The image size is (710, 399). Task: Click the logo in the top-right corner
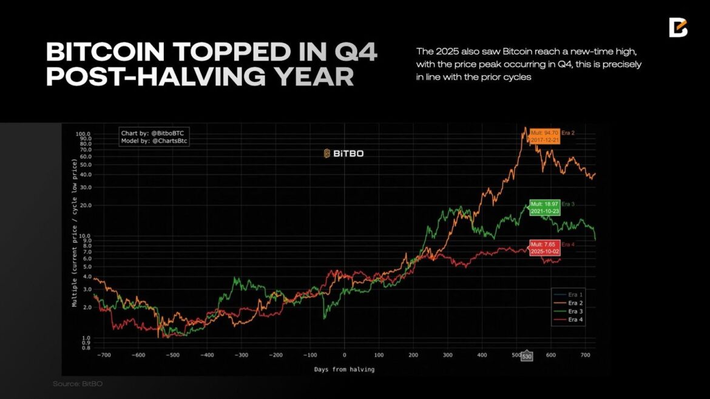click(678, 27)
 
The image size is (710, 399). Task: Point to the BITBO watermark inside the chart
click(343, 153)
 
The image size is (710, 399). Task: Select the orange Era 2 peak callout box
click(544, 136)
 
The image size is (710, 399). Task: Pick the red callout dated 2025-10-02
click(544, 247)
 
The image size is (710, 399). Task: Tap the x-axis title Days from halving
click(344, 369)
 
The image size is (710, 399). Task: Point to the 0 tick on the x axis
click(344, 355)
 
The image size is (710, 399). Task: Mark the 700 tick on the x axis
click(584, 355)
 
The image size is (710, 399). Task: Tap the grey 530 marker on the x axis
click(527, 356)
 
